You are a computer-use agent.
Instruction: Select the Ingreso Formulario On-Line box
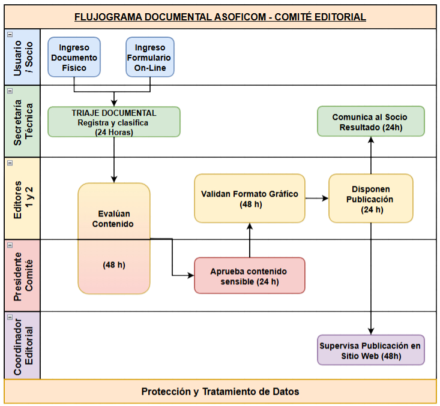coord(149,58)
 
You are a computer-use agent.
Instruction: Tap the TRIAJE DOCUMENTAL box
coord(113,122)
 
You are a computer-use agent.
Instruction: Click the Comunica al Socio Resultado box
coord(371,122)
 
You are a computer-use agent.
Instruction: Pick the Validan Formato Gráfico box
coord(249,199)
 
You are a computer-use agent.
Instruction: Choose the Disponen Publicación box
coord(370,199)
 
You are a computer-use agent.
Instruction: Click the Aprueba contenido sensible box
coord(249,276)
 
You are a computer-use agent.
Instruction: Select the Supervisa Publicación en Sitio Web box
coord(370,350)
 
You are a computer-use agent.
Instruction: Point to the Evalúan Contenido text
coord(113,219)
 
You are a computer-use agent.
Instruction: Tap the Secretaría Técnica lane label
coord(22,122)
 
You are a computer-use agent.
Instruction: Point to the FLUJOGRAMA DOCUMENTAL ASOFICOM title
coord(220,17)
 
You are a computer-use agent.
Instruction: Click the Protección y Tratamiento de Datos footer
coord(220,392)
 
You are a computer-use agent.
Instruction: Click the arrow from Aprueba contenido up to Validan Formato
coord(249,240)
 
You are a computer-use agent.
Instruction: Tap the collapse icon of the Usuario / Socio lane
coord(10,35)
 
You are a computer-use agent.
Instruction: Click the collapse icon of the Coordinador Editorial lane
coord(10,317)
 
